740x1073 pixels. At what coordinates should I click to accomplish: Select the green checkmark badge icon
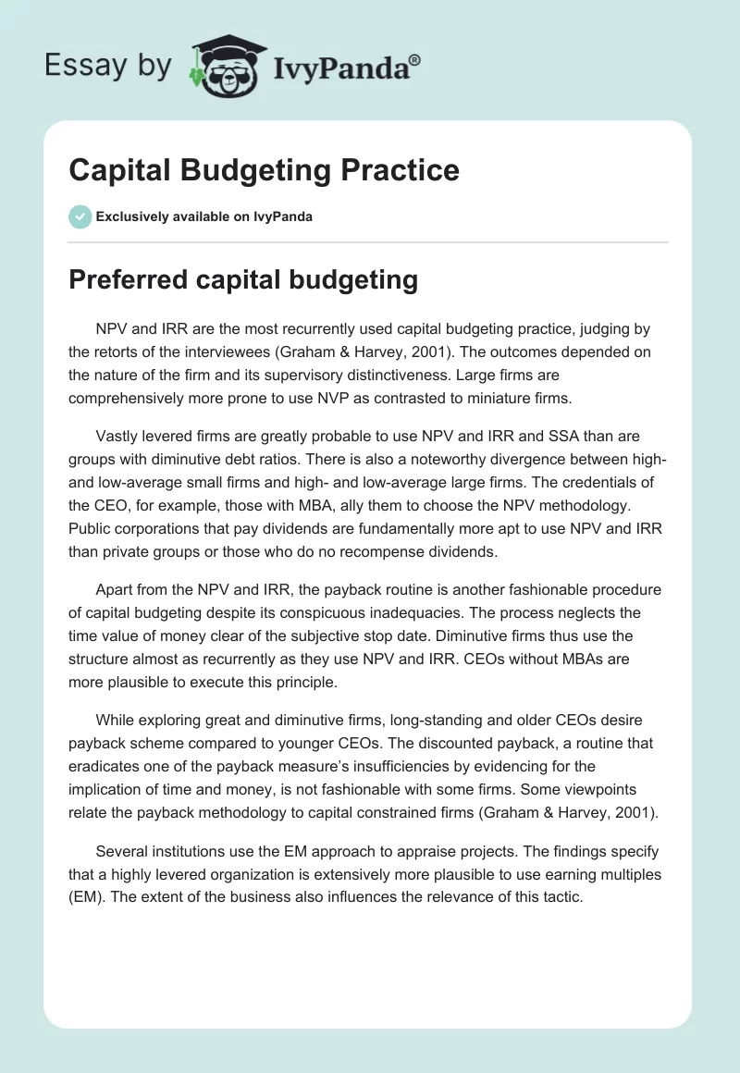point(80,216)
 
